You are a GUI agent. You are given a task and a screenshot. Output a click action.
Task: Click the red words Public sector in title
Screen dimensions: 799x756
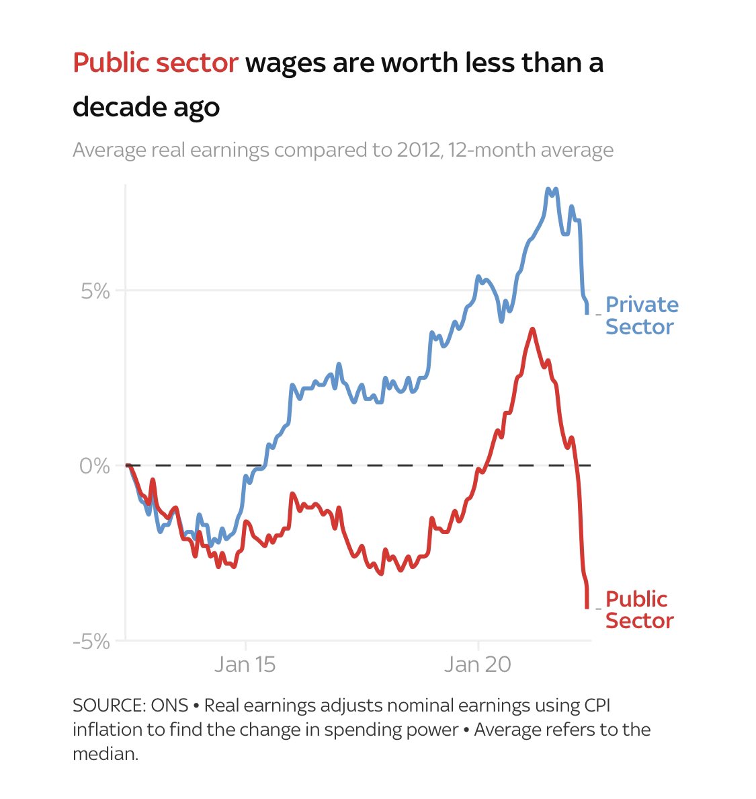(155, 63)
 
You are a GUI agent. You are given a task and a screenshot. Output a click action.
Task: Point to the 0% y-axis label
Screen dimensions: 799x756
(94, 465)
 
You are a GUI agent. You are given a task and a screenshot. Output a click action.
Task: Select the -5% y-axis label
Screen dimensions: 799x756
(91, 642)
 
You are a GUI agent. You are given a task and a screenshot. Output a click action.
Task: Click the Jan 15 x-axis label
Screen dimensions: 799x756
(245, 664)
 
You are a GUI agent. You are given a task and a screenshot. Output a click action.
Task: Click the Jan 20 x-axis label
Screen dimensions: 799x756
(478, 664)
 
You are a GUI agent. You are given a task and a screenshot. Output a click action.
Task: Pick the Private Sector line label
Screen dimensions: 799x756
(641, 315)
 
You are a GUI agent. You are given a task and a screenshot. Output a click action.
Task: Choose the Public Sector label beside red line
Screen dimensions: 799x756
(638, 609)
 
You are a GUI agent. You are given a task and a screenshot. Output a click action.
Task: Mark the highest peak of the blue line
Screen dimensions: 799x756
(549, 190)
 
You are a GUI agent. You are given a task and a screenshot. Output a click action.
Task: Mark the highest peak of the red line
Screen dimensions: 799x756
(532, 329)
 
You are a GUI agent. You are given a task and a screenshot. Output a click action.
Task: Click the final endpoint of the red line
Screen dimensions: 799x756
(587, 607)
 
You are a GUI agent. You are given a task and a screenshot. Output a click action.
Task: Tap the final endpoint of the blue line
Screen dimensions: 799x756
(587, 313)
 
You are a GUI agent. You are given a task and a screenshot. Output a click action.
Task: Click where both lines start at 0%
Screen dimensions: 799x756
(127, 465)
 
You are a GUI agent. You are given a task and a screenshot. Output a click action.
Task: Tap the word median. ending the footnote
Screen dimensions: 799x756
(105, 754)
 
